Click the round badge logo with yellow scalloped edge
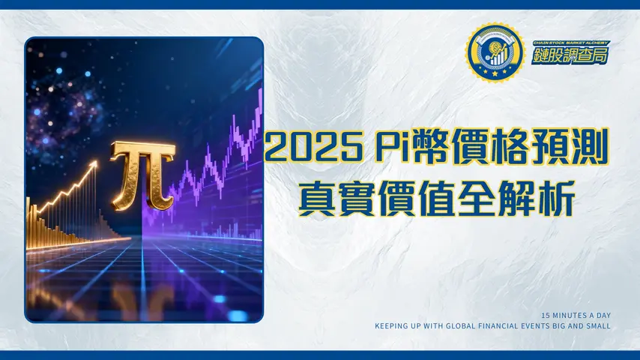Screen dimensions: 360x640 [493, 53]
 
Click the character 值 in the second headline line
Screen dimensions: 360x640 [436, 197]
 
